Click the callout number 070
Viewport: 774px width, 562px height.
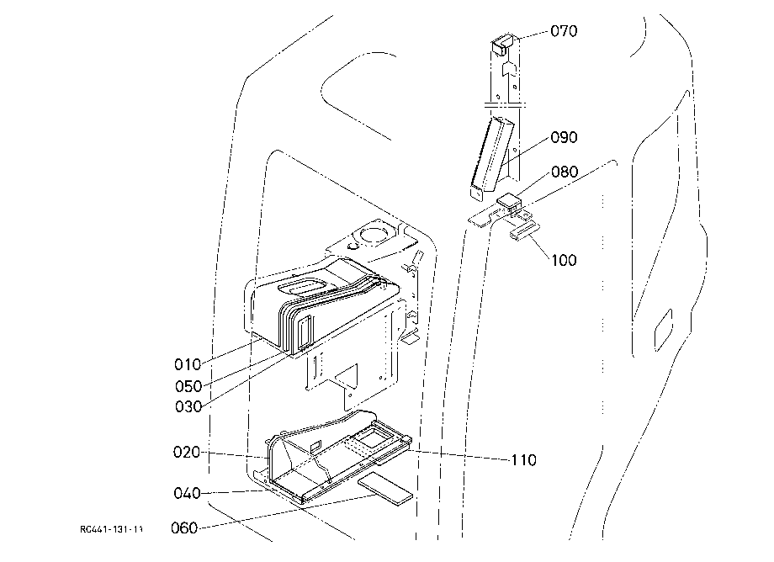click(564, 31)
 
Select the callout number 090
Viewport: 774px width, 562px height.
click(564, 137)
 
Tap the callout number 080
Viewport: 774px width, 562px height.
click(565, 172)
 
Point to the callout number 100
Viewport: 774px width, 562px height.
click(564, 260)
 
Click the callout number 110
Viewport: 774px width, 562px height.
click(523, 460)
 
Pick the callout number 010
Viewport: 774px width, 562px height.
click(188, 364)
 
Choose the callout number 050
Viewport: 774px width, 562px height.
click(188, 386)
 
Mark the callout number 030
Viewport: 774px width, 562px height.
click(188, 406)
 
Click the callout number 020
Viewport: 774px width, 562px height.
click(187, 452)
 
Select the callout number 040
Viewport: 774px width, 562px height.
click(187, 493)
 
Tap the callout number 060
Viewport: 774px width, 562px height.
click(184, 528)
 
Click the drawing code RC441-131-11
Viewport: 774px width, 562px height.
click(112, 529)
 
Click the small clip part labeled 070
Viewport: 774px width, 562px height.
click(503, 43)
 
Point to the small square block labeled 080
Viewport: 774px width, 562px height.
click(509, 201)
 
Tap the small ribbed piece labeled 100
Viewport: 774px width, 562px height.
click(525, 231)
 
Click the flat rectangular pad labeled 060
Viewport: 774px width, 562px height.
click(385, 489)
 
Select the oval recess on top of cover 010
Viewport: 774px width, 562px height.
click(302, 287)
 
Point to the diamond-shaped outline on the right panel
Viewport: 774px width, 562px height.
click(663, 330)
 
